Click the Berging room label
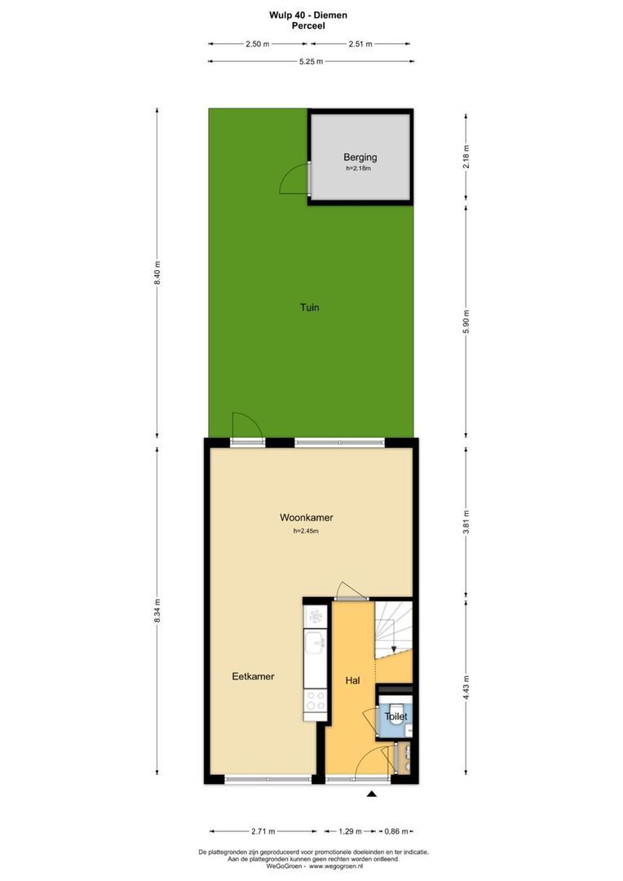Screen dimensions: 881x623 (360, 157)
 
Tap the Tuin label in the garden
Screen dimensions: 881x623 (309, 308)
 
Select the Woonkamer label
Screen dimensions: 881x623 (306, 517)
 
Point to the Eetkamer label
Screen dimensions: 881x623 (253, 676)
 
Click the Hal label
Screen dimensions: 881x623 (353, 680)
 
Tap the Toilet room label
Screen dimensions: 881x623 (395, 716)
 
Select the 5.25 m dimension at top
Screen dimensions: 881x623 (311, 61)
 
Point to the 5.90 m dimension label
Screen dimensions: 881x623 (466, 318)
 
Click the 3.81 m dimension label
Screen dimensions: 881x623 (466, 520)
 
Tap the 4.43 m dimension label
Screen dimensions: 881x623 (466, 683)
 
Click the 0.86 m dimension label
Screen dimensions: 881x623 (395, 831)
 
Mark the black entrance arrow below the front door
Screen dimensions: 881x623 (372, 794)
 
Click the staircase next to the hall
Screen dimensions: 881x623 (394, 628)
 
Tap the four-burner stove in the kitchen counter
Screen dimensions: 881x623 (316, 700)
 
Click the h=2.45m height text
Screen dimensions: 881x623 (306, 531)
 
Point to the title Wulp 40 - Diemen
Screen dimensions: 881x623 (307, 15)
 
